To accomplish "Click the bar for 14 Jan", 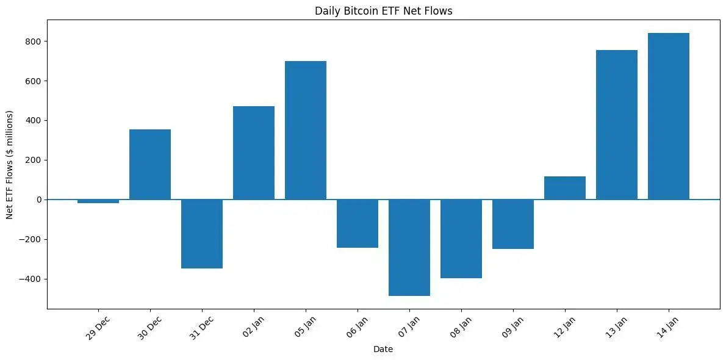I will click(668, 116).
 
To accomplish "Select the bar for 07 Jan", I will click(409, 248).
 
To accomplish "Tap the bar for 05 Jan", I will click(305, 130).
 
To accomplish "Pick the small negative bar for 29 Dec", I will click(98, 201).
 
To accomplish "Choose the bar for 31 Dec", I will click(201, 234).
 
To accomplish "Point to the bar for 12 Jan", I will click(564, 188).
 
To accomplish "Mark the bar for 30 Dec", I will click(149, 164).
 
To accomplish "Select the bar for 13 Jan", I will click(616, 124).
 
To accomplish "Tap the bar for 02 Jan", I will click(253, 153).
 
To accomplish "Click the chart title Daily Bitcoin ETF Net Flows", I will click(383, 10).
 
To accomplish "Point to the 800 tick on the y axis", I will click(33, 41).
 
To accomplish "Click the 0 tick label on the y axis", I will click(38, 200).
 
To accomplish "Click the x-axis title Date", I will click(383, 350).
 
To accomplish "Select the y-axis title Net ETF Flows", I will click(10, 165).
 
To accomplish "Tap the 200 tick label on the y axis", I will click(33, 160).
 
